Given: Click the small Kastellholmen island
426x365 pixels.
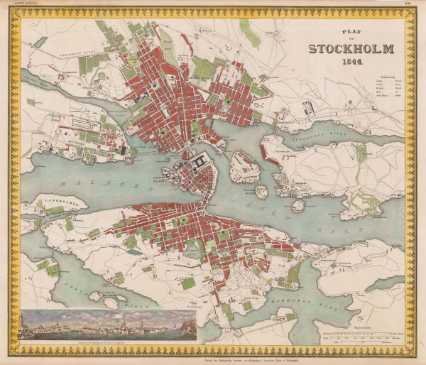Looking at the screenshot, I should [x=261, y=192].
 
